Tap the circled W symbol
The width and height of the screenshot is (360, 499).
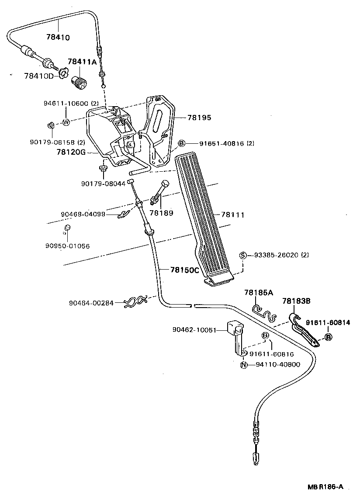(x=66, y=122)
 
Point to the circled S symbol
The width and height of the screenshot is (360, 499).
(x=243, y=255)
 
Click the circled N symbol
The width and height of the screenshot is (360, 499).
(x=244, y=364)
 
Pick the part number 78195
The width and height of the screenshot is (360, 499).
(x=199, y=118)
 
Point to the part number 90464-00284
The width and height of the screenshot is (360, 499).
(x=91, y=302)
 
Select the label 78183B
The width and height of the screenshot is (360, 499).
(x=296, y=301)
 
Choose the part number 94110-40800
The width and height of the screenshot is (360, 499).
(x=278, y=364)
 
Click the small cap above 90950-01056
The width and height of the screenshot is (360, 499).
(x=68, y=228)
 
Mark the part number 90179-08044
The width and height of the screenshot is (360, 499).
(x=104, y=184)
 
